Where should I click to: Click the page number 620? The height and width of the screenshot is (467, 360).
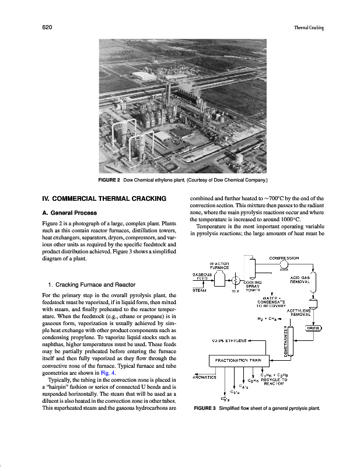click(48, 27)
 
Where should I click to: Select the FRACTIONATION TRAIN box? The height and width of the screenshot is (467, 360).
click(234, 360)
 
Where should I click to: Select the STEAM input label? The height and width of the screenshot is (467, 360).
click(200, 290)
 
